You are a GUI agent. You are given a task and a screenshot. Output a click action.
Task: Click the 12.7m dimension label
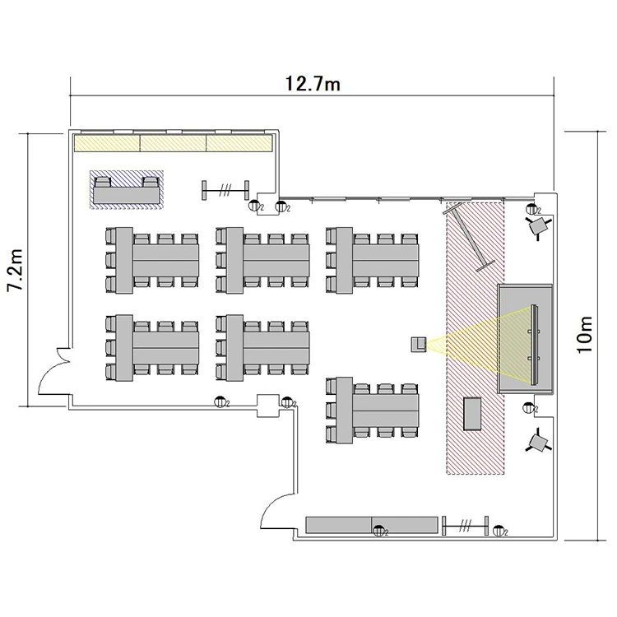point(313,84)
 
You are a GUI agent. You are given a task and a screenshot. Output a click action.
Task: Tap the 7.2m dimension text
point(16,270)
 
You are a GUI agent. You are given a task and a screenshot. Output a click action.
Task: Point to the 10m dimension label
point(585,335)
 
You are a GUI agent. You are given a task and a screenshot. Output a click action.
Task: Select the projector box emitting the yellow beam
point(419,345)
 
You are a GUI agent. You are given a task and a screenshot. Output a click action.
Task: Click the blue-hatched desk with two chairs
point(127,190)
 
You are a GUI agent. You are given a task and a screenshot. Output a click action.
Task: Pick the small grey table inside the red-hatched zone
point(472,414)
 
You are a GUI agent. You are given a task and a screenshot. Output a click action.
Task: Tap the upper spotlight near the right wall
point(538,226)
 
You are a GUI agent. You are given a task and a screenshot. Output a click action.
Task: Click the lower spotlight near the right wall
point(538,442)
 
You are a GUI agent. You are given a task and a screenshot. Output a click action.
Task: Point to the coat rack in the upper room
point(225,191)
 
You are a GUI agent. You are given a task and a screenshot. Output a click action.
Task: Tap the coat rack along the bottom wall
point(465,526)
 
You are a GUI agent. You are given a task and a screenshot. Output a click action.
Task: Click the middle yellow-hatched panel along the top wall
point(173,143)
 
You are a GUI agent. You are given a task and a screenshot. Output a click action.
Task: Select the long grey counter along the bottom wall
point(372,526)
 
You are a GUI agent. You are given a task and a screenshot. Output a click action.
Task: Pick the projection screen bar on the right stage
point(534,345)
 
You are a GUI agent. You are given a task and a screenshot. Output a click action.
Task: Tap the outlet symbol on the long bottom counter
point(379,531)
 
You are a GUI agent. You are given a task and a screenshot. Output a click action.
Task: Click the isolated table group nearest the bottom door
point(372,411)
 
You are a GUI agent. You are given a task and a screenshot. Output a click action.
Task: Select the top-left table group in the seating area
point(152,260)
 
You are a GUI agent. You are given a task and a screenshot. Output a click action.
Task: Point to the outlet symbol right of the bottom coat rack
point(499,531)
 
